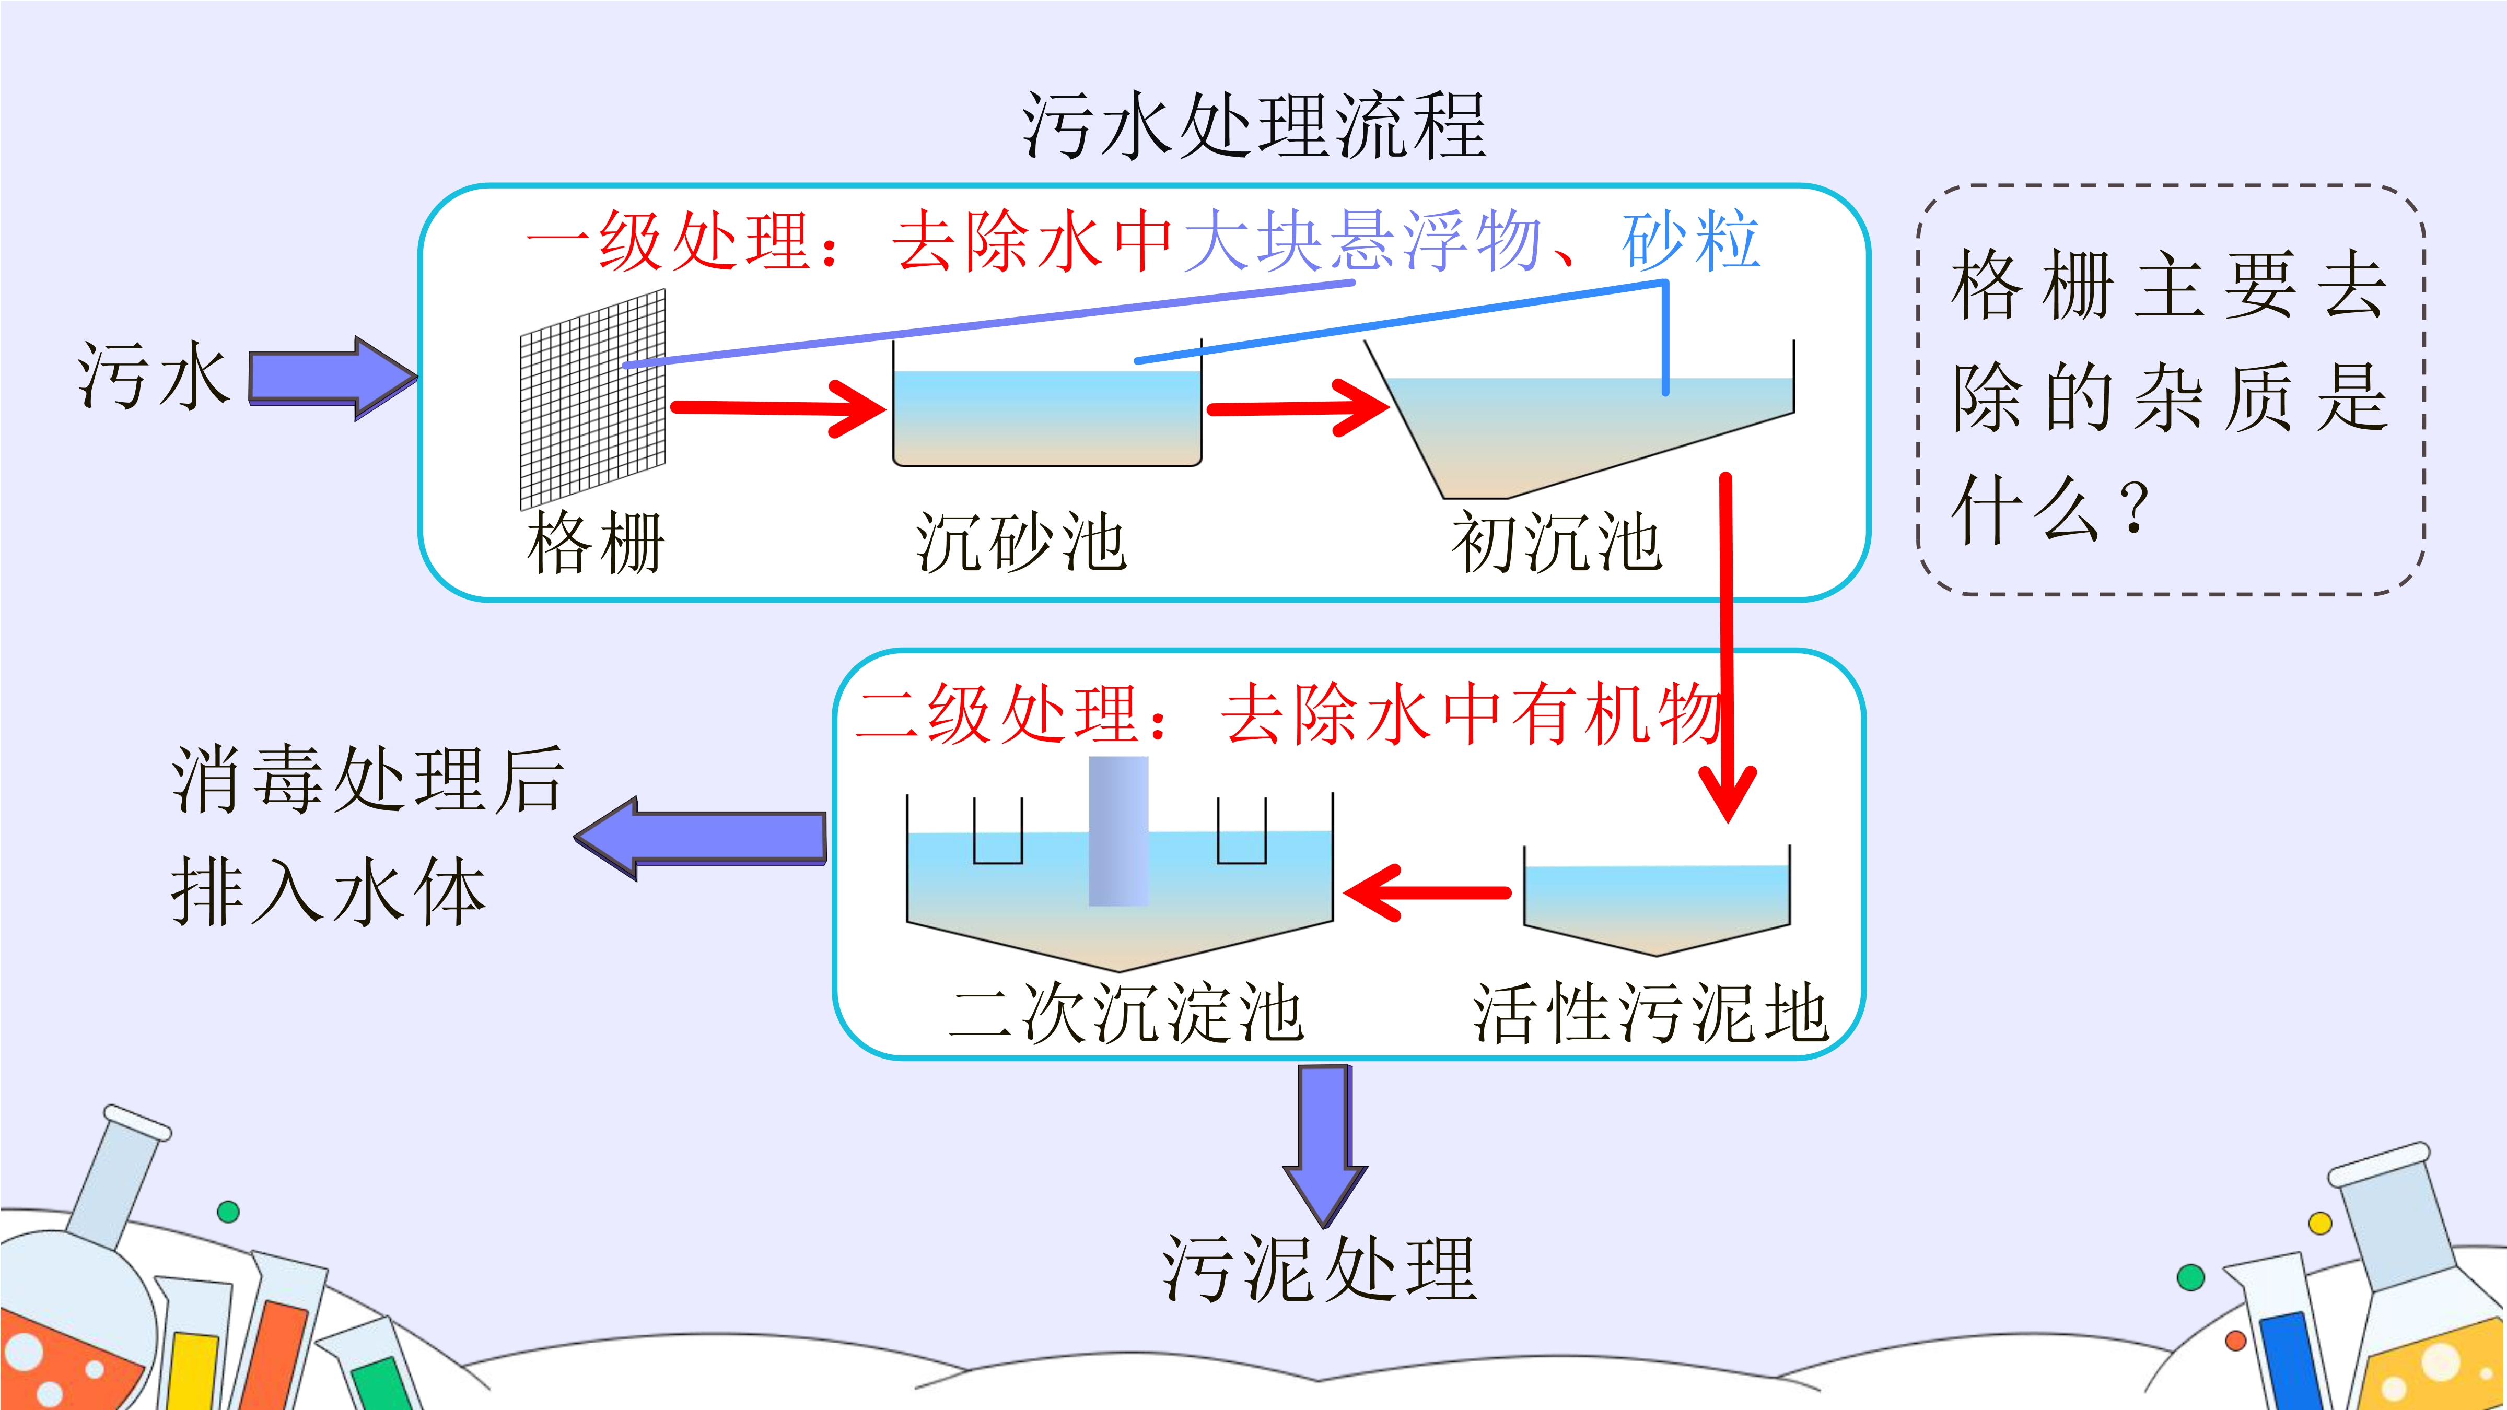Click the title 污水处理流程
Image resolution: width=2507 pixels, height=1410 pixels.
pyautogui.click(x=1254, y=126)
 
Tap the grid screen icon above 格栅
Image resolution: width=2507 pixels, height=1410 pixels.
pyautogui.click(x=593, y=399)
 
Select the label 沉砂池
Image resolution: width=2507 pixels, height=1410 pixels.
pyautogui.click(x=1021, y=543)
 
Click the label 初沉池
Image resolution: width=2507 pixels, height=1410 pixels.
pyautogui.click(x=1556, y=543)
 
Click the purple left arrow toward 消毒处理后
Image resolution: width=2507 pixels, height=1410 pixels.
pyautogui.click(x=699, y=839)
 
